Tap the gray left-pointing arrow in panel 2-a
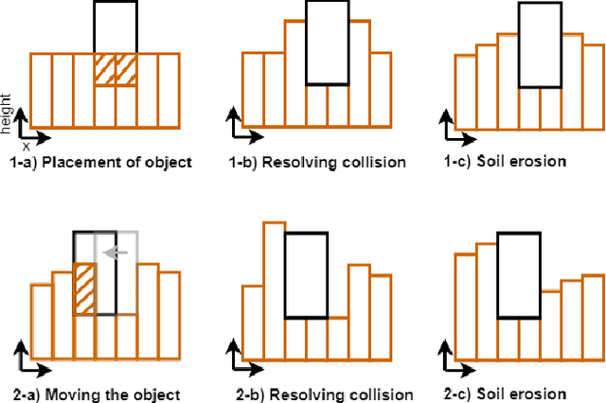(x=116, y=253)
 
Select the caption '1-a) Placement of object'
(x=100, y=162)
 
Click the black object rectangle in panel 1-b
(x=328, y=43)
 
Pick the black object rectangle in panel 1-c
(x=541, y=43)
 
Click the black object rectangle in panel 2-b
(x=306, y=274)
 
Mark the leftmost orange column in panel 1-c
(x=464, y=92)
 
